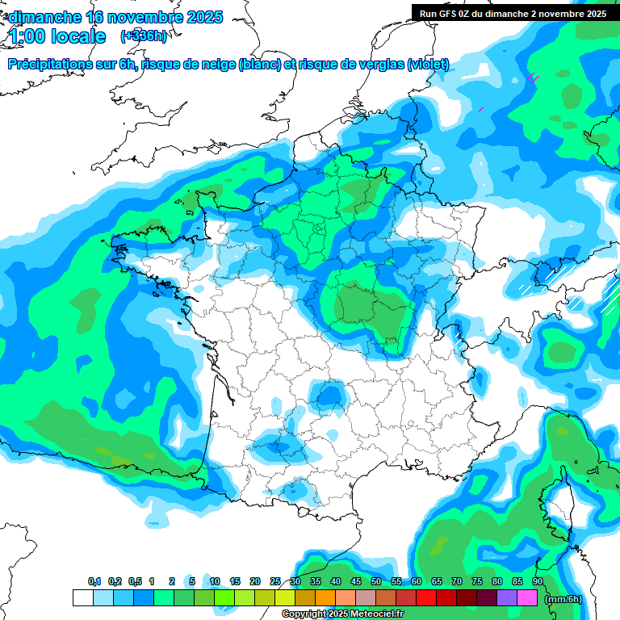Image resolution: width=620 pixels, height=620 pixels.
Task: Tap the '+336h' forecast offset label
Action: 144,36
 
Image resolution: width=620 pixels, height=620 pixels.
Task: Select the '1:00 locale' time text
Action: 57,36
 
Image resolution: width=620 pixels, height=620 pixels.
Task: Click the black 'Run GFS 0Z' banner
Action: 513,13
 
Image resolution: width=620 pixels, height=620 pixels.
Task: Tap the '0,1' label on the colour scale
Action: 94,581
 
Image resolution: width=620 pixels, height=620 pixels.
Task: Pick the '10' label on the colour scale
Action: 215,581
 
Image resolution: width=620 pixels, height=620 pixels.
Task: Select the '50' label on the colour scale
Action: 376,581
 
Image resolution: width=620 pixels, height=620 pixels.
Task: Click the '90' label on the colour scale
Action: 538,581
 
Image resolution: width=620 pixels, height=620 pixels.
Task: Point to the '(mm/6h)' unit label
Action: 563,599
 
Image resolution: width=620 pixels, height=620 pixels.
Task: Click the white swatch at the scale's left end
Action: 82,598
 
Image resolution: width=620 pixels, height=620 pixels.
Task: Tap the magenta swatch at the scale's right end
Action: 527,598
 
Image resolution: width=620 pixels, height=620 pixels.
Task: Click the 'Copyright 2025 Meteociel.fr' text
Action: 342,614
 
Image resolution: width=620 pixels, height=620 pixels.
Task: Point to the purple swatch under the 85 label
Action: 507,598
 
